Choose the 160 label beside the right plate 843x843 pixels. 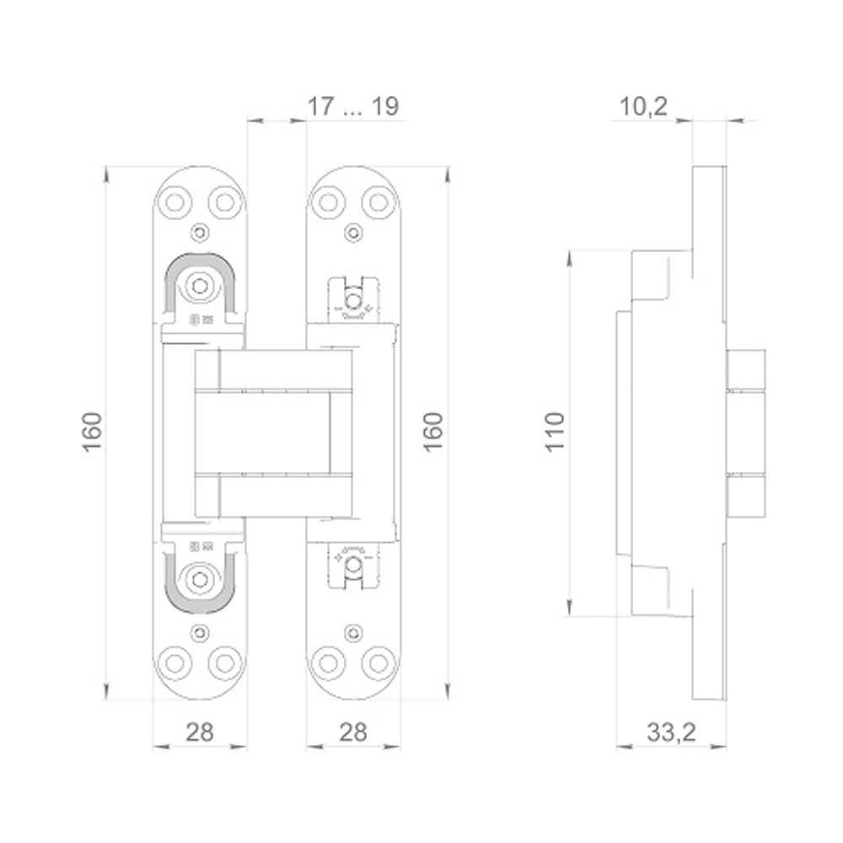pyautogui.click(x=432, y=430)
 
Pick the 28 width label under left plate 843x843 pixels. pyautogui.click(x=199, y=732)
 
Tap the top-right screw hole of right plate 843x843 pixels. pyautogui.click(x=377, y=202)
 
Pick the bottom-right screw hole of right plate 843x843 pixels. pyautogui.click(x=377, y=660)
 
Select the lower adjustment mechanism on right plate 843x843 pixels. pyautogui.click(x=353, y=562)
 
